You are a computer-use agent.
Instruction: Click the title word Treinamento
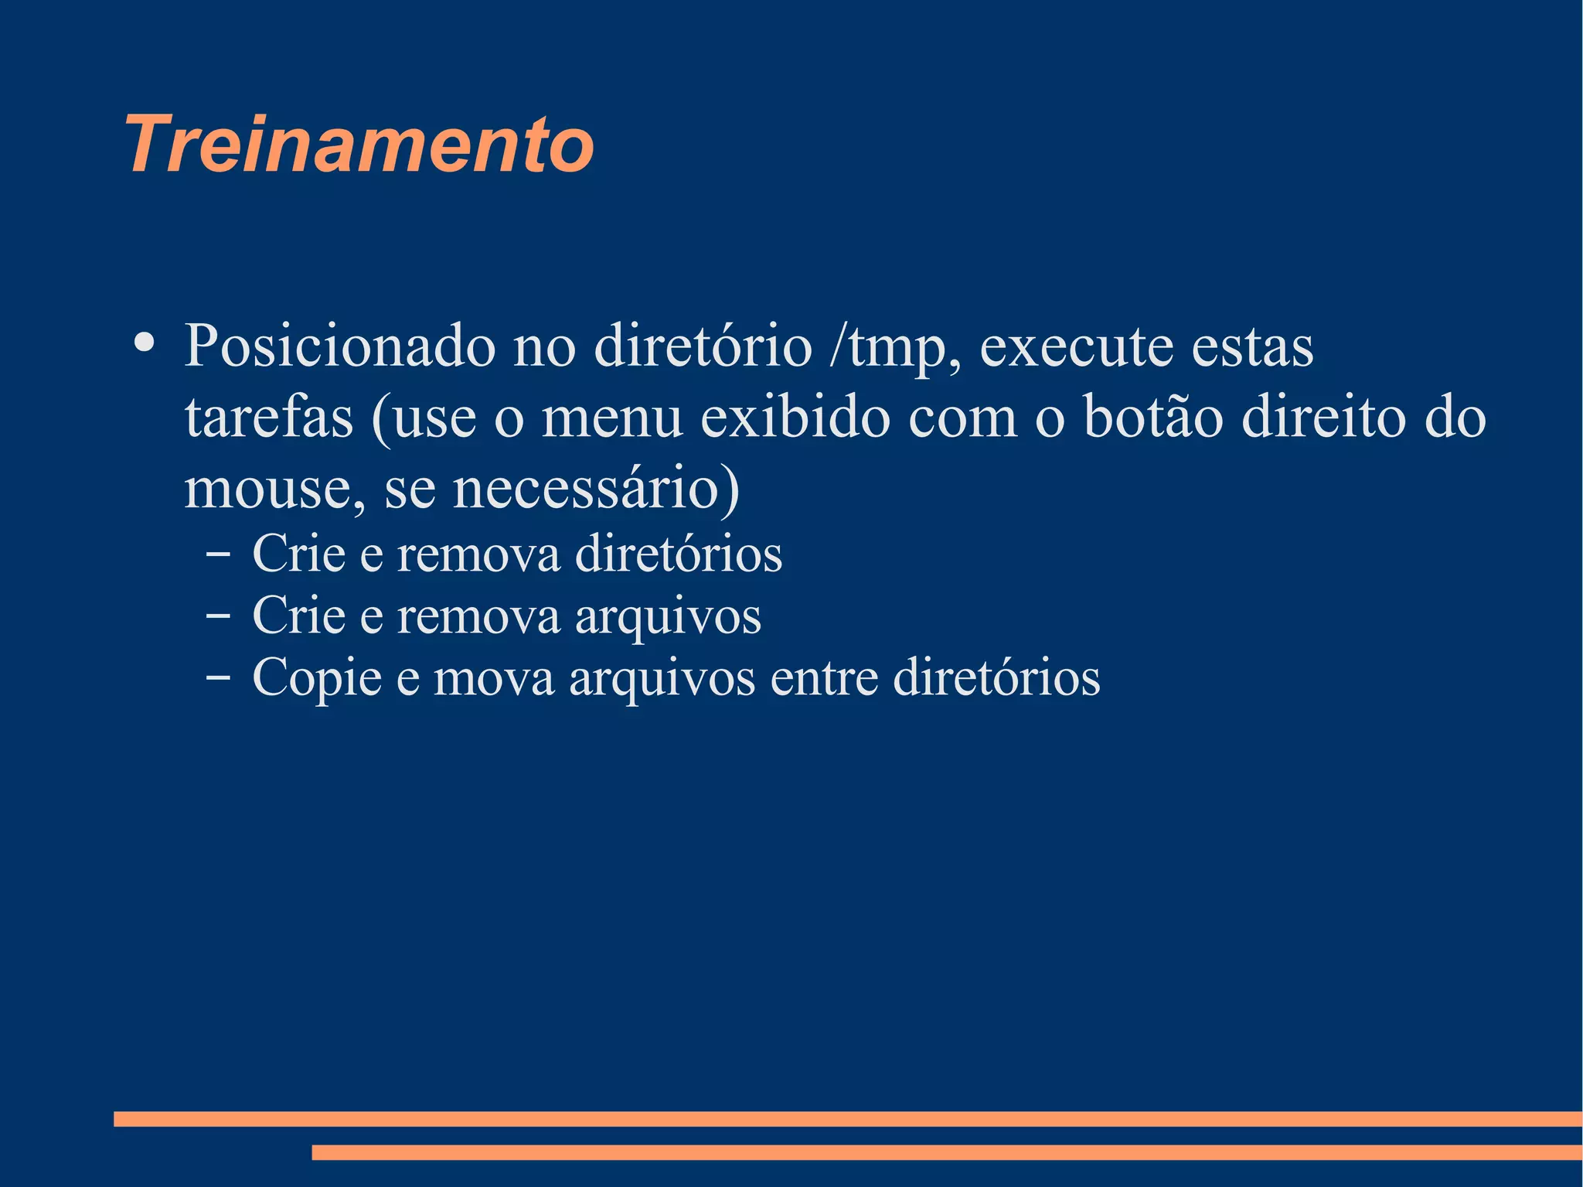359,145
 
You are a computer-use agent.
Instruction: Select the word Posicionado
339,346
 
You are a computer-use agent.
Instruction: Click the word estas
1252,346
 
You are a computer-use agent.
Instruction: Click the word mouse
271,489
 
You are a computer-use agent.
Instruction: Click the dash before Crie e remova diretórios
218,554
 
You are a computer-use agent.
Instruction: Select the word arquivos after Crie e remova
668,616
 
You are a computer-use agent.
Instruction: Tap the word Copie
317,679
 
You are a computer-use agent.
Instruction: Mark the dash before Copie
218,678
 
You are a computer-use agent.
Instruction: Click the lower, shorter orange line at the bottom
947,1152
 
